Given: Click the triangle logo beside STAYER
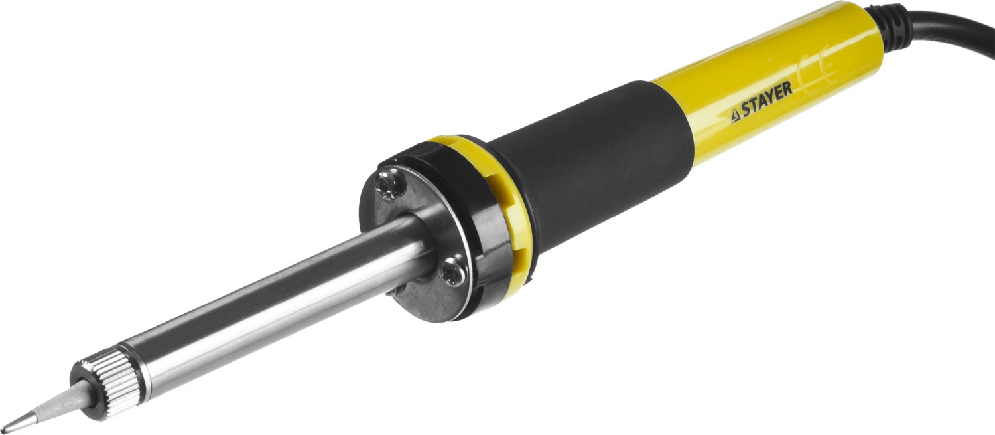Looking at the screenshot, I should coord(735,116).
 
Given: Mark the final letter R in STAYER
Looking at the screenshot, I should coord(787,89).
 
